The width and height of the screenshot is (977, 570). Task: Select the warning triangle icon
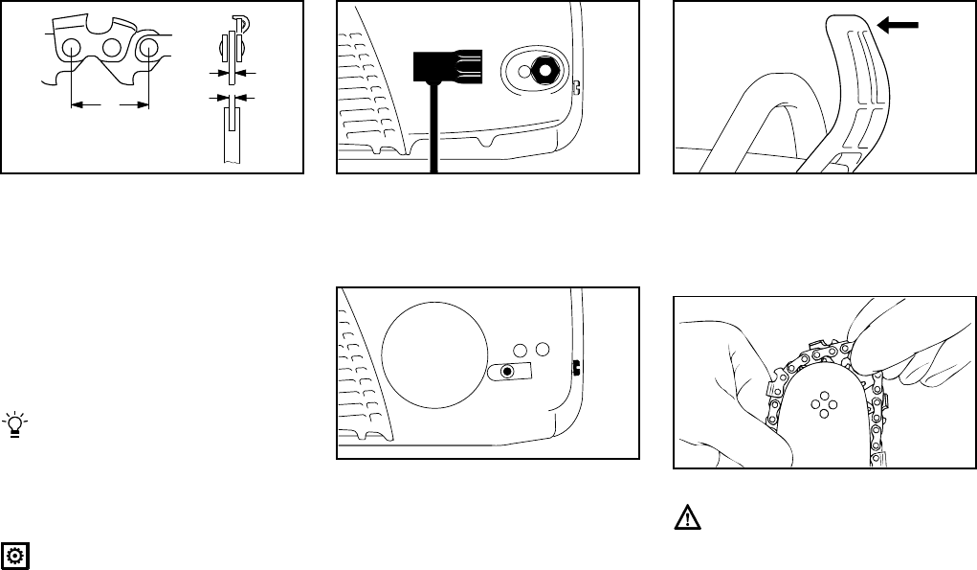click(687, 519)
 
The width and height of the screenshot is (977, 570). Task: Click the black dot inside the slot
click(507, 372)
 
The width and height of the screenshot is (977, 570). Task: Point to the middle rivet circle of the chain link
click(111, 47)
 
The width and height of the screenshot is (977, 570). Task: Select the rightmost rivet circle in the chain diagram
click(148, 48)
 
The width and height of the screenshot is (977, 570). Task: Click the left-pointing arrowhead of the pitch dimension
click(78, 103)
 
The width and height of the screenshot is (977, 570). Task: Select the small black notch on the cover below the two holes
click(576, 366)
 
